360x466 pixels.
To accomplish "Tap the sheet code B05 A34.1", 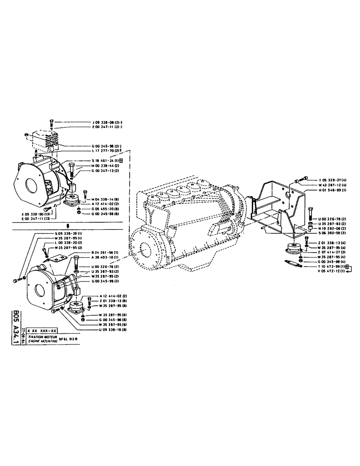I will click(16, 327).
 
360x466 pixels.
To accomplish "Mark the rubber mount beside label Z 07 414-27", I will click(293, 249).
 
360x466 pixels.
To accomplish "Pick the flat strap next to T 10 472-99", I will click(293, 264).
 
